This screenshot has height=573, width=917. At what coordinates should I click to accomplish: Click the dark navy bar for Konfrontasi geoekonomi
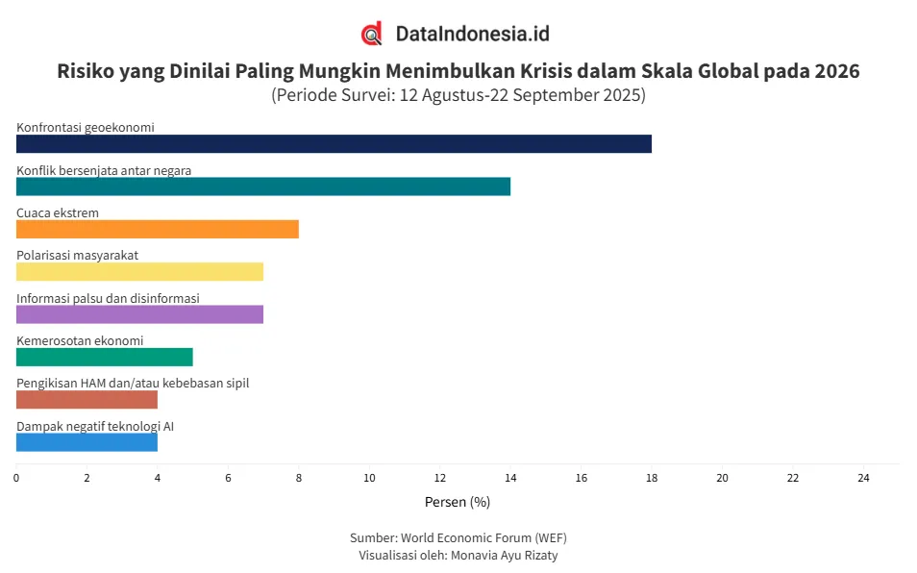coord(334,143)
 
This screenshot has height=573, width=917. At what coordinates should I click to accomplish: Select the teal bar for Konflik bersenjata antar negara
coord(262,187)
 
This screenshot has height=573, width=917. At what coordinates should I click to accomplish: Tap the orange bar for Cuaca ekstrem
coord(157,229)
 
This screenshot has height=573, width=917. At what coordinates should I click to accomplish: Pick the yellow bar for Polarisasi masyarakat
coord(139,271)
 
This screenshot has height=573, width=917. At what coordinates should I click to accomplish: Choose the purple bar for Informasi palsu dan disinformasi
coord(139,314)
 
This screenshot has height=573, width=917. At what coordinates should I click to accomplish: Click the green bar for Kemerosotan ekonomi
coord(104,357)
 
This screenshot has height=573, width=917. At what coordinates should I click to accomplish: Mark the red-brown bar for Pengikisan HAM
coord(87,399)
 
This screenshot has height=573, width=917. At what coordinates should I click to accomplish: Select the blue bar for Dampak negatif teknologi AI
coord(87,442)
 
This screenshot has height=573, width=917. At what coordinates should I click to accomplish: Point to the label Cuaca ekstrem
coord(58,212)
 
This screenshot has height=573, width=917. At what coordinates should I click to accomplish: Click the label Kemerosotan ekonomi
coord(80,340)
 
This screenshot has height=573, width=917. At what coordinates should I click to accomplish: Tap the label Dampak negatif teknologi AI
coord(95,426)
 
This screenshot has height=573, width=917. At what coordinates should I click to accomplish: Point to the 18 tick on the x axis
coord(652,478)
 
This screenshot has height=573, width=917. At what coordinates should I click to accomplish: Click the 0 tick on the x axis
coord(16,478)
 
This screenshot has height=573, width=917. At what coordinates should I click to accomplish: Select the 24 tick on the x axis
coord(863,478)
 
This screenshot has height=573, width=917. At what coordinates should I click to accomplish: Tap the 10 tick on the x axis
coord(369,478)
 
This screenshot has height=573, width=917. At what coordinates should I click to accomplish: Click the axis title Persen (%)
coord(458,502)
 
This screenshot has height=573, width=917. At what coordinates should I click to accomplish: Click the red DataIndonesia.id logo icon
coord(372,34)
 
